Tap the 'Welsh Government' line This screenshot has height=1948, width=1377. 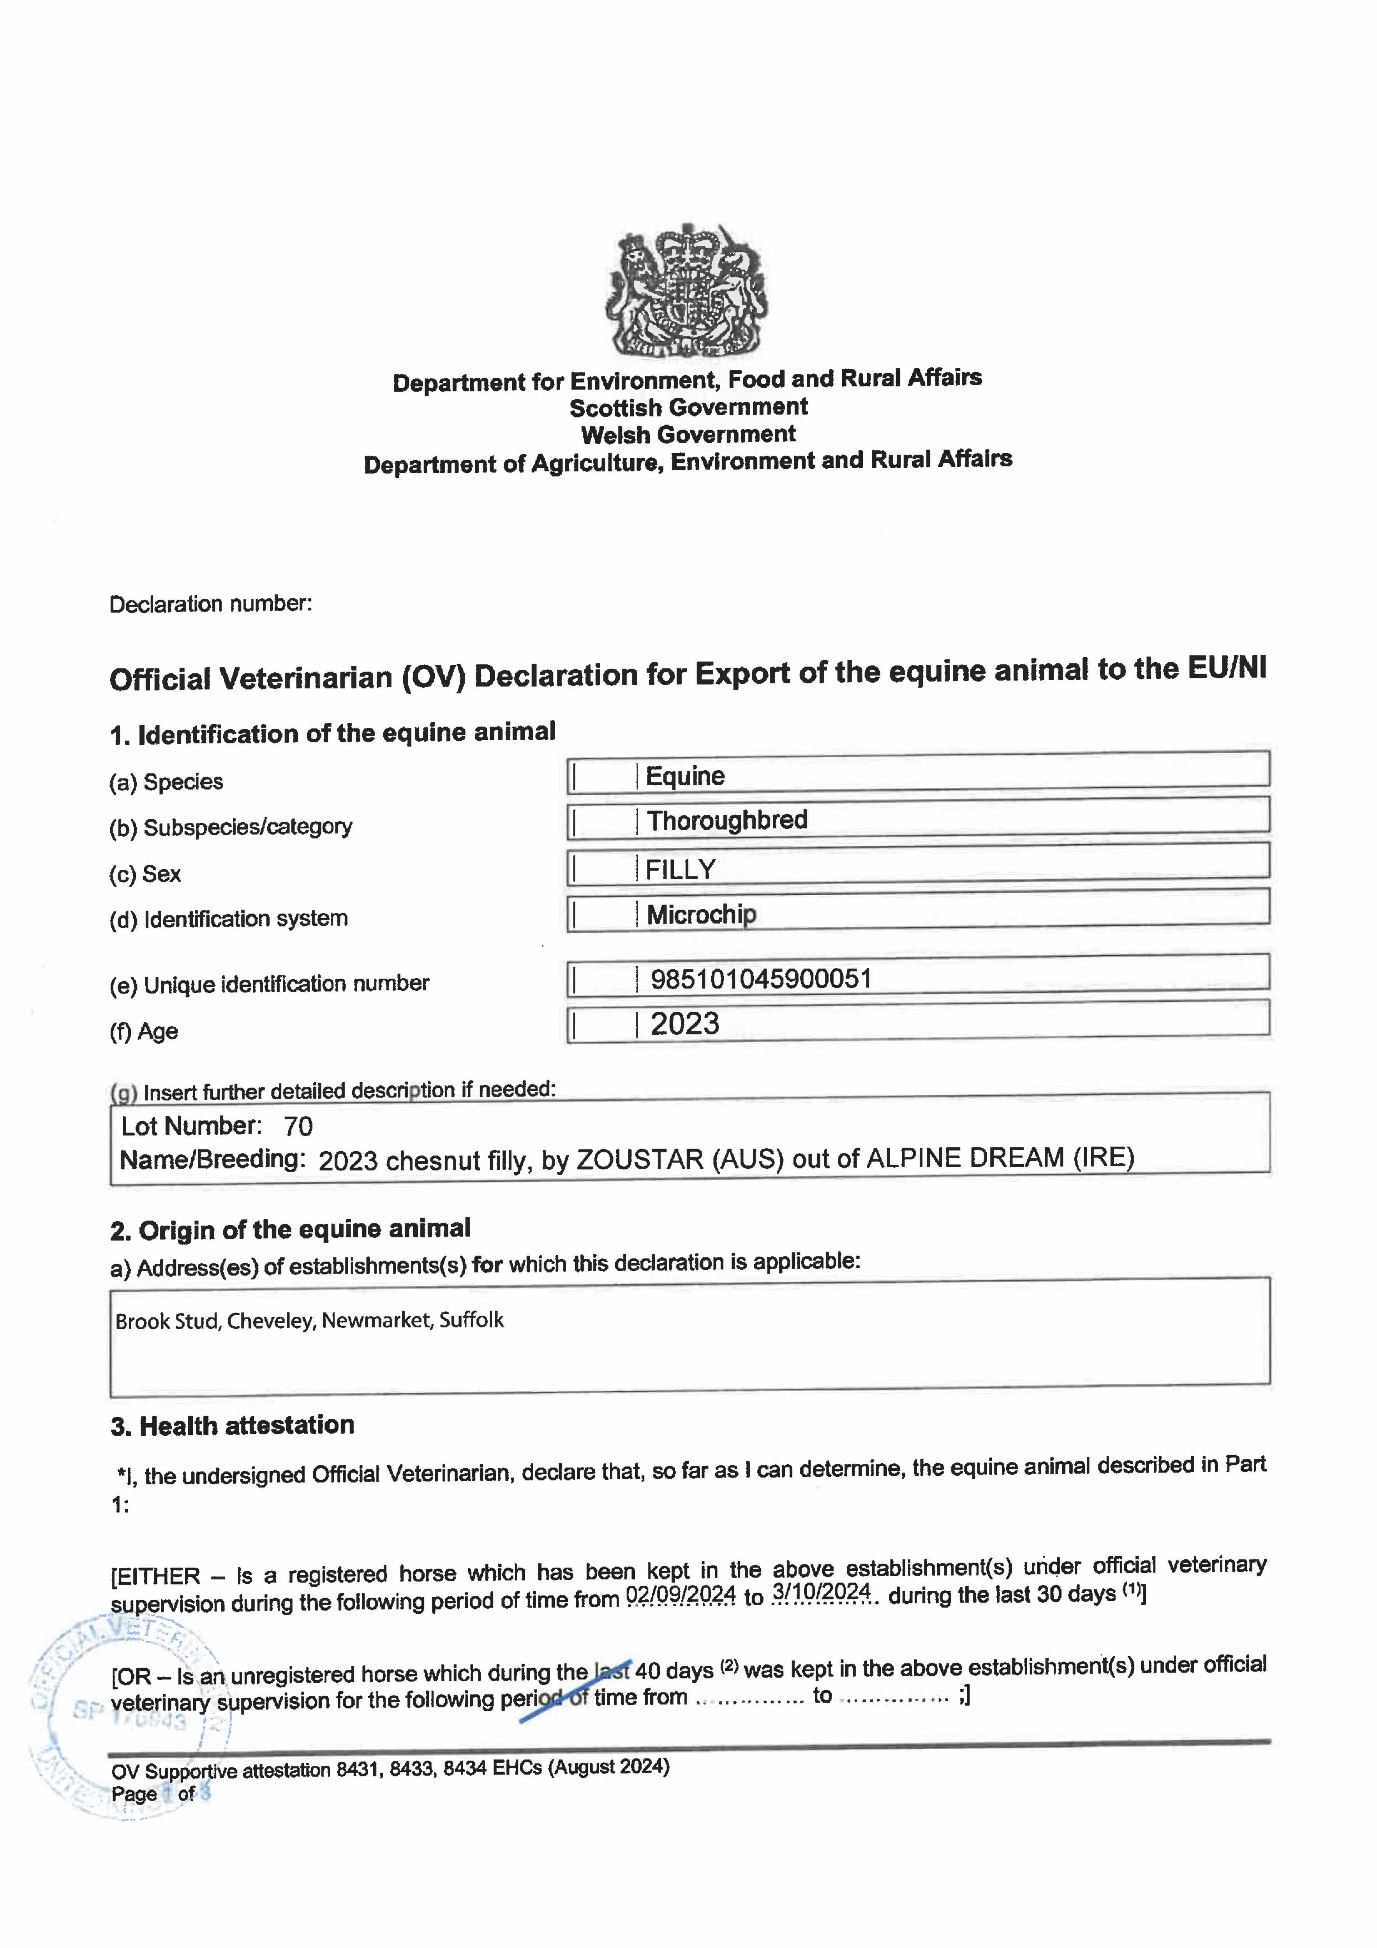[688, 434]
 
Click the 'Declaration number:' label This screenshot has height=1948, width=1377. [210, 604]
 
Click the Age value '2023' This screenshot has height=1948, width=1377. [685, 1024]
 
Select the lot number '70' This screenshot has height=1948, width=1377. [298, 1126]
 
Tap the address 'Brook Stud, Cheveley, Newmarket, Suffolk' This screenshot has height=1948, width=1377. [310, 1320]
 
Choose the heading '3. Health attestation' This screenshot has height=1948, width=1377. [232, 1426]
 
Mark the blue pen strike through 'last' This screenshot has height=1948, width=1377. [613, 1670]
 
